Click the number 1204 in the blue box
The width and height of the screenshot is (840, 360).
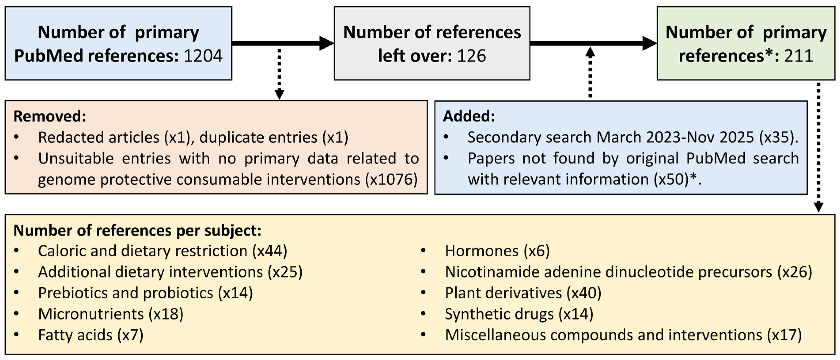coord(203,56)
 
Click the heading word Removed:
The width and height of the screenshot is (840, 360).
coord(49,116)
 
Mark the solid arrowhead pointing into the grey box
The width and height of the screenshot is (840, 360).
coord(326,43)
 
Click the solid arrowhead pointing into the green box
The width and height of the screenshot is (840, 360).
coord(649,43)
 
